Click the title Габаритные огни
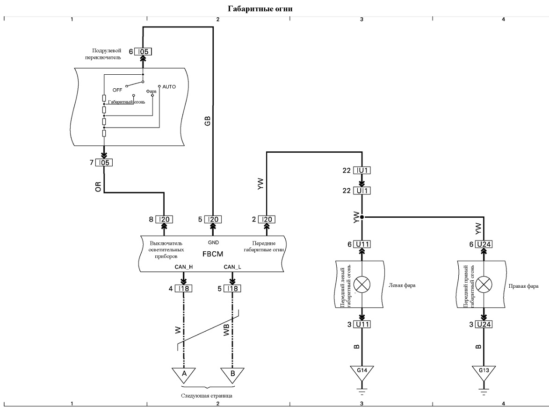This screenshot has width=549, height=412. (260, 9)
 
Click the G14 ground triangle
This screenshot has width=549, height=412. (362, 373)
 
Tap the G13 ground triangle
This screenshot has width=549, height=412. (484, 373)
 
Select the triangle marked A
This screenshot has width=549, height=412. (184, 375)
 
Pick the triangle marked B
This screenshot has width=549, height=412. (232, 375)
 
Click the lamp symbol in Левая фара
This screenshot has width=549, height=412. (362, 284)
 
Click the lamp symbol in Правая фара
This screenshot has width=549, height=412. (484, 284)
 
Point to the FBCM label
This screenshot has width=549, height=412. (212, 254)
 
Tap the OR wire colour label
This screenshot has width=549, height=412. (98, 187)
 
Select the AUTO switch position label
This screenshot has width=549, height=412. (169, 87)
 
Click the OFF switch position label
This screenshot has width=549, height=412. (117, 90)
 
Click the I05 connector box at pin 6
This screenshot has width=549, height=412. (143, 51)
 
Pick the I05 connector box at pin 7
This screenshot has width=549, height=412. (104, 163)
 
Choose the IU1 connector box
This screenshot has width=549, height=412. (362, 170)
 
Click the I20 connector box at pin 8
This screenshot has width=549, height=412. (164, 219)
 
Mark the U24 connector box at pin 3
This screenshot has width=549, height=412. (484, 324)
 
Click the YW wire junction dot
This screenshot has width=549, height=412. (362, 217)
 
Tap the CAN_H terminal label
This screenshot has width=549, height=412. (184, 267)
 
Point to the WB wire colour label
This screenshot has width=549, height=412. (226, 329)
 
